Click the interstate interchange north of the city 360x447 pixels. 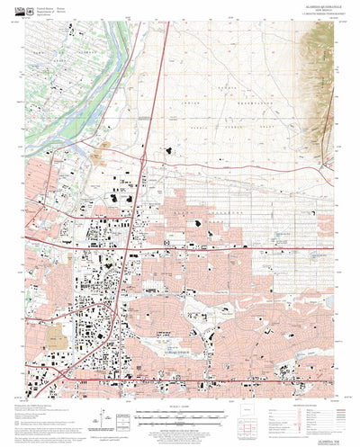144,157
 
